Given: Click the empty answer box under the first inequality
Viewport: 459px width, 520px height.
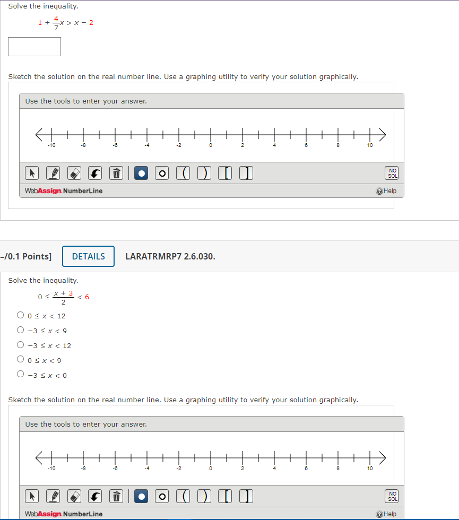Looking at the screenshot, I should pyautogui.click(x=34, y=47).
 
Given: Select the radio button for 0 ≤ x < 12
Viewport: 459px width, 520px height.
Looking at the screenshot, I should pyautogui.click(x=20, y=315).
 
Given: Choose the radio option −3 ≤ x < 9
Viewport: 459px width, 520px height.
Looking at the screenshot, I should pyautogui.click(x=20, y=330).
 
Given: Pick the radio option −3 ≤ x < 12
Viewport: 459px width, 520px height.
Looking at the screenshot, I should pyautogui.click(x=20, y=345).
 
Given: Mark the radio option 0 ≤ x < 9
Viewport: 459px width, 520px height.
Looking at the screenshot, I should pyautogui.click(x=20, y=360).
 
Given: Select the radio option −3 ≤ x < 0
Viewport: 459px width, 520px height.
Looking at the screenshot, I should pyautogui.click(x=20, y=375).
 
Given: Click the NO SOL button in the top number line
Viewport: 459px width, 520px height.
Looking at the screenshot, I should pyautogui.click(x=393, y=174).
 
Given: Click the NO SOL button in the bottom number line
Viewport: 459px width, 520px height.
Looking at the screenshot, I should pyautogui.click(x=393, y=497).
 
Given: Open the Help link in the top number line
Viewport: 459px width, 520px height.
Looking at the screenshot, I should pyautogui.click(x=386, y=191).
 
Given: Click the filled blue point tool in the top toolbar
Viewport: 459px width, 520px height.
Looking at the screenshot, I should pyautogui.click(x=141, y=174).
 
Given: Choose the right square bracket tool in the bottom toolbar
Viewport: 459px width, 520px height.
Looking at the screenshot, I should pyautogui.click(x=245, y=497).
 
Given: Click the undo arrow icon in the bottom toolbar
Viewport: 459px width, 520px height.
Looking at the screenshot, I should pyautogui.click(x=95, y=497).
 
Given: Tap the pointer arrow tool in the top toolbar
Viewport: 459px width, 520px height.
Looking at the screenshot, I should pyautogui.click(x=32, y=174).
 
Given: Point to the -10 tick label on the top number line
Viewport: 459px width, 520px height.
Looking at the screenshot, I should pyautogui.click(x=51, y=145).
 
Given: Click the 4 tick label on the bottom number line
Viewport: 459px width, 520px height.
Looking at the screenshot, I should pyautogui.click(x=274, y=469).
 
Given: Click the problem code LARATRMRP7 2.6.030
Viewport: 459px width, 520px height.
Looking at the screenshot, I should pyautogui.click(x=170, y=256).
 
